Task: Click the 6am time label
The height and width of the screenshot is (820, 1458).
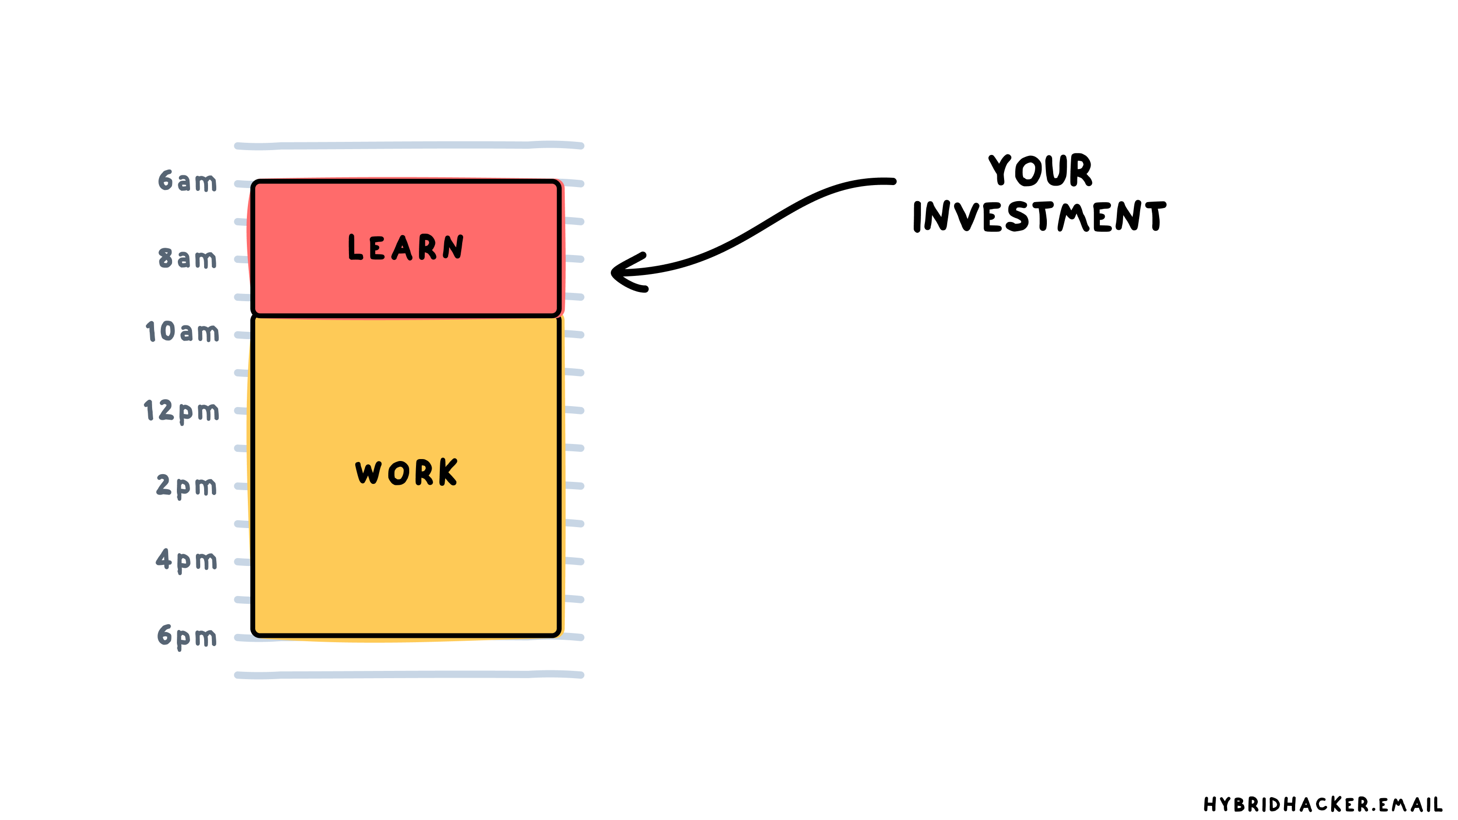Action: (x=187, y=181)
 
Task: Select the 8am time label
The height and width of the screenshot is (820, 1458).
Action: (x=187, y=258)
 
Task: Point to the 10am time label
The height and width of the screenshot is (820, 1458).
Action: (x=182, y=332)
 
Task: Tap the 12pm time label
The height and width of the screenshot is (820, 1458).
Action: (x=181, y=410)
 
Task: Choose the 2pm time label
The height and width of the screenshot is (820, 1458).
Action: (x=186, y=486)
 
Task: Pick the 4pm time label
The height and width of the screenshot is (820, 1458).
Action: (x=186, y=560)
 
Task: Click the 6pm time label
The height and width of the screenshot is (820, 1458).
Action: (x=187, y=636)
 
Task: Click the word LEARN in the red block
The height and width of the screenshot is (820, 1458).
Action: (x=406, y=247)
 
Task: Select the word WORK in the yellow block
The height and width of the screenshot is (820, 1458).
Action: (x=406, y=472)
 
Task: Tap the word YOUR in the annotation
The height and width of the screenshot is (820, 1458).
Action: (x=1041, y=170)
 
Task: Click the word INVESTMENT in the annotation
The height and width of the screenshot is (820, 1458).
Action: (x=1039, y=216)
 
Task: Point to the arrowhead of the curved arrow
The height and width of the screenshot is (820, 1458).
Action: (x=616, y=273)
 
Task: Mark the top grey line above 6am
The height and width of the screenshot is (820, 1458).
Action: (x=409, y=145)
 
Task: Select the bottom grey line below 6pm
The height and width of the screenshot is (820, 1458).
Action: (x=409, y=675)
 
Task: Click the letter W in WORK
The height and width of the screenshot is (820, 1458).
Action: (x=368, y=473)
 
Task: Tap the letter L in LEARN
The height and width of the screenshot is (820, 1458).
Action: (x=355, y=247)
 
